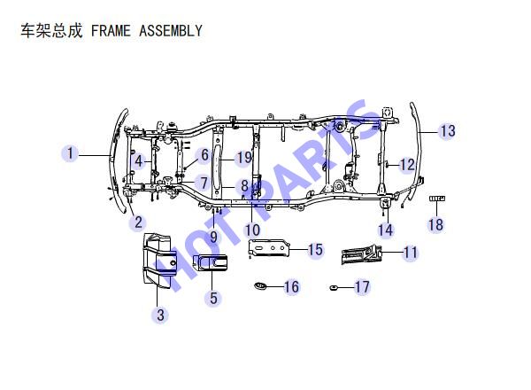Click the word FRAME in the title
tap(111, 31)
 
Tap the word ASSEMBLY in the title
tap(171, 31)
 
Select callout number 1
tap(70, 153)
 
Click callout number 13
tap(448, 131)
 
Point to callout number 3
tap(160, 315)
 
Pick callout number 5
tap(213, 298)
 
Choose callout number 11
tap(411, 253)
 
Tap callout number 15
tap(315, 250)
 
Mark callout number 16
tap(291, 287)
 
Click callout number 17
tap(362, 287)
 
